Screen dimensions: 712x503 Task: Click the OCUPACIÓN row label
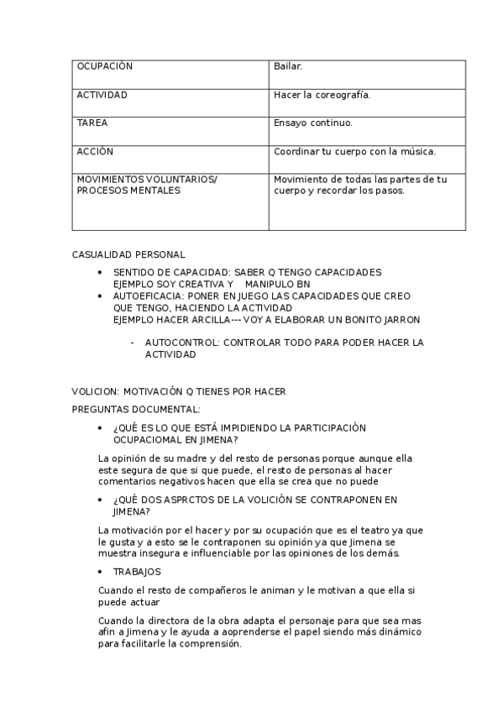105,66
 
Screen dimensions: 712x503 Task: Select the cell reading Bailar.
288,66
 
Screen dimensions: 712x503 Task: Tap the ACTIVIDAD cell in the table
102,95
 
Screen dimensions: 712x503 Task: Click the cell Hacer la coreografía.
322,95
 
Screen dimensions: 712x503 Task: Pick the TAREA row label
92,123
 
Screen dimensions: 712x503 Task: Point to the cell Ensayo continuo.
313,123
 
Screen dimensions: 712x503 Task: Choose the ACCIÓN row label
95,151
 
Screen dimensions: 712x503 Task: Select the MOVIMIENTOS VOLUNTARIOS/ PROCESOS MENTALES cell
147,185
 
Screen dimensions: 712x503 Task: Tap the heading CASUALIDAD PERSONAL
128,254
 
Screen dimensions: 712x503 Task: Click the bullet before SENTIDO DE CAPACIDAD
101,272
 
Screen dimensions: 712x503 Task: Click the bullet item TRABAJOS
137,571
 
